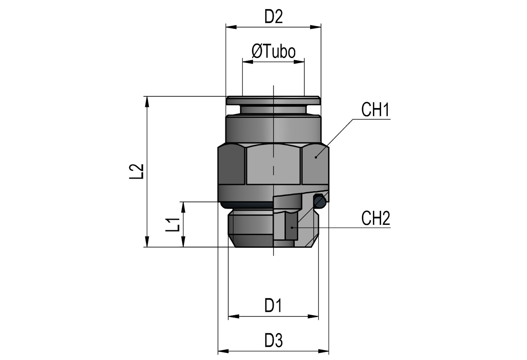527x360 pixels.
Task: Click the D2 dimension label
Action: tap(273, 17)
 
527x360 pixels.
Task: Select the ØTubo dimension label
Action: tap(273, 51)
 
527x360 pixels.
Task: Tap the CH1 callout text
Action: tap(375, 110)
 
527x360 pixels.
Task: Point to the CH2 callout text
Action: tap(376, 218)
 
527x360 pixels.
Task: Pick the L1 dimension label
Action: tap(173, 224)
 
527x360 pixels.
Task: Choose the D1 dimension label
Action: tap(273, 305)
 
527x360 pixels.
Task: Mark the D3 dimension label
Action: tap(273, 340)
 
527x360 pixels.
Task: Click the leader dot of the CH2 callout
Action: tap(292, 227)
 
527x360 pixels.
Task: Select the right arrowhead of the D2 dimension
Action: tap(316, 27)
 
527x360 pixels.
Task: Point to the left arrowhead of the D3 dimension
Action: tap(223, 351)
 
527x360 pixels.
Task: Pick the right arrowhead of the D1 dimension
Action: tap(314, 317)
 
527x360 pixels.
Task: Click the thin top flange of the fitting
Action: tap(273, 101)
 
